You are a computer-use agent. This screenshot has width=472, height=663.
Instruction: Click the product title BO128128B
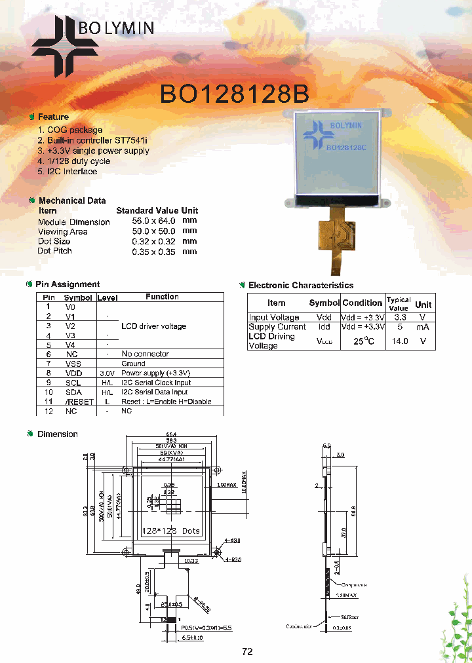tap(235, 94)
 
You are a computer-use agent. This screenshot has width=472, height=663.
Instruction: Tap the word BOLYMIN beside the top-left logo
tap(116, 28)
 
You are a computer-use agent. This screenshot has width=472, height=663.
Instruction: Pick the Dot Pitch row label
tap(55, 251)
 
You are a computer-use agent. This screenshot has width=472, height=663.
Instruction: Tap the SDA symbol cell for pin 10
tap(72, 392)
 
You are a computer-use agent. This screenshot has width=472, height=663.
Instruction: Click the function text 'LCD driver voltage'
tap(153, 326)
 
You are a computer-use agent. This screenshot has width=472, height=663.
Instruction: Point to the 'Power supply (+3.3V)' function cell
tap(155, 373)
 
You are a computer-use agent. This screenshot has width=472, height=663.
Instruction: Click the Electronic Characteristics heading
tap(300, 286)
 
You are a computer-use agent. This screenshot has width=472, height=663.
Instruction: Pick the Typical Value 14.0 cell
tap(400, 341)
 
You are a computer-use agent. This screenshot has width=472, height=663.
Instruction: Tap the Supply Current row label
tap(277, 327)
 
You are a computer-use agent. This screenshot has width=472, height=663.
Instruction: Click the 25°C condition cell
tap(364, 341)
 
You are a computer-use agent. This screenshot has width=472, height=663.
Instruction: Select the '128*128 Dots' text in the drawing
tap(171, 531)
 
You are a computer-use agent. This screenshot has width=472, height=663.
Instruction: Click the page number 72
tap(247, 651)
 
